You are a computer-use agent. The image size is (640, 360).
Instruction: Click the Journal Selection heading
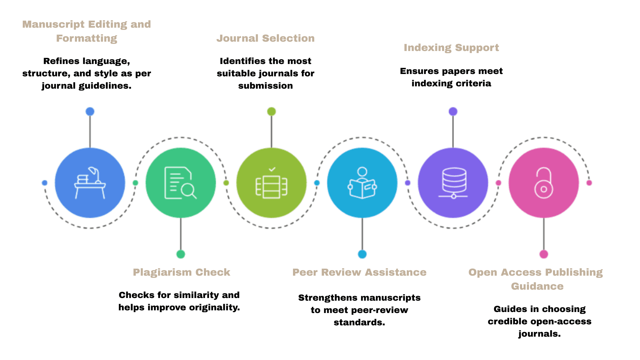[x=265, y=38]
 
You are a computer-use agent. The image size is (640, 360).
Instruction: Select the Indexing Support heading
[x=451, y=48]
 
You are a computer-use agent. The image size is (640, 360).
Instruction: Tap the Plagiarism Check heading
[x=181, y=272]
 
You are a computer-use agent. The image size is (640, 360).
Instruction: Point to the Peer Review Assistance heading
[x=359, y=272]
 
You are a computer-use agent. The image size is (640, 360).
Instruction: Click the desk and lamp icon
[x=90, y=183]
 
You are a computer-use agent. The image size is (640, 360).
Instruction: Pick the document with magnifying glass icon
[x=180, y=183]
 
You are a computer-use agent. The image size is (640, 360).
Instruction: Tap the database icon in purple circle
[x=453, y=183]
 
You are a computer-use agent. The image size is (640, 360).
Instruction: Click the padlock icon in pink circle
[x=544, y=183]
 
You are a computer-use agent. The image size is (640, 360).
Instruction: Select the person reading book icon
[x=362, y=183]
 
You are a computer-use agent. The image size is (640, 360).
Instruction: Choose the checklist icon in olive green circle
[x=271, y=183]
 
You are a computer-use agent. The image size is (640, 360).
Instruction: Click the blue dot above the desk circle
[x=90, y=111]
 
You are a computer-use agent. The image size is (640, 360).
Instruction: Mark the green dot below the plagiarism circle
[x=181, y=254]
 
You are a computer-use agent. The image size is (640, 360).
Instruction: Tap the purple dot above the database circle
[x=453, y=111]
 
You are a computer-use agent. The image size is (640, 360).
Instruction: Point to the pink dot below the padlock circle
[x=544, y=254]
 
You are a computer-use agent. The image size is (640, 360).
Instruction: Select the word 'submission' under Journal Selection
[x=265, y=86]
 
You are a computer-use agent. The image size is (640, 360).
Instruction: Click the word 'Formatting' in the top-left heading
[x=87, y=38]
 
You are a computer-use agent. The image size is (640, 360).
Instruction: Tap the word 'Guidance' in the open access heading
[x=537, y=286]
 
